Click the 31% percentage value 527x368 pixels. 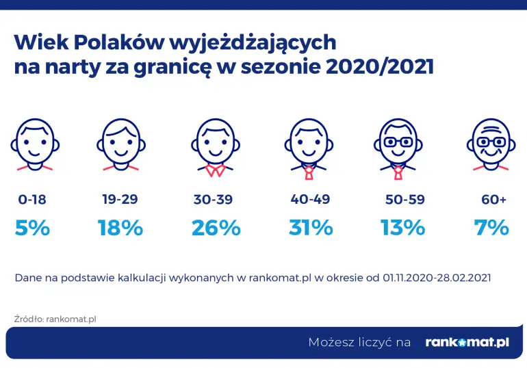pyautogui.click(x=311, y=228)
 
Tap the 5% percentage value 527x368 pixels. pyautogui.click(x=32, y=228)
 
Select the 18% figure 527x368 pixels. pyautogui.click(x=120, y=228)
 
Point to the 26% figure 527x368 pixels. pyautogui.click(x=216, y=228)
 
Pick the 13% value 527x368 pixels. pyautogui.click(x=402, y=228)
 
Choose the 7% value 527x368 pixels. pyautogui.click(x=491, y=228)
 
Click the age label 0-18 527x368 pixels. pyautogui.click(x=32, y=200)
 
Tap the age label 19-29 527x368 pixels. pyautogui.click(x=120, y=200)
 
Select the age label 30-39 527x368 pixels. pyautogui.click(x=214, y=200)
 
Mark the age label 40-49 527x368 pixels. pyautogui.click(x=310, y=200)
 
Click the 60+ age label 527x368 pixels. pyautogui.click(x=493, y=200)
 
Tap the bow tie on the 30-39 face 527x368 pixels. pyautogui.click(x=216, y=170)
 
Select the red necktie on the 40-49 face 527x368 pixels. pyautogui.click(x=309, y=171)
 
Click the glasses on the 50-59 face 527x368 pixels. pyautogui.click(x=398, y=141)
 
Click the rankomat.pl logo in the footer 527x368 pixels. pyautogui.click(x=467, y=342)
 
